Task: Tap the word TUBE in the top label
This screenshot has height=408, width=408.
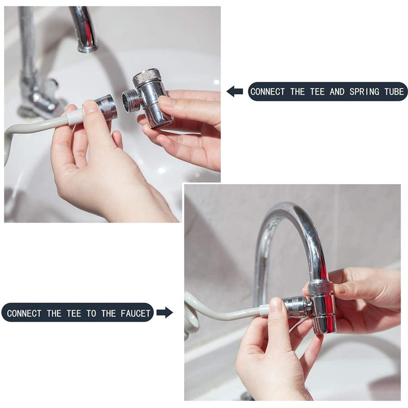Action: click(x=394, y=91)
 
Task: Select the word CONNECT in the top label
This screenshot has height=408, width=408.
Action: click(x=268, y=91)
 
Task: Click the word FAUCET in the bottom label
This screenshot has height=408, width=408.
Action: click(x=135, y=313)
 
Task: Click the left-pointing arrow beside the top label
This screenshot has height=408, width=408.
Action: click(x=235, y=91)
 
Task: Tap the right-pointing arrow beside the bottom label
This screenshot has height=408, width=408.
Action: click(x=164, y=313)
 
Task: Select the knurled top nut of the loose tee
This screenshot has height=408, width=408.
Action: click(x=144, y=77)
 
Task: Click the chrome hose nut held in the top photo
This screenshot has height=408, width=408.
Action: click(x=106, y=108)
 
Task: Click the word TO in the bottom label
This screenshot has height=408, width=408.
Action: click(x=91, y=313)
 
